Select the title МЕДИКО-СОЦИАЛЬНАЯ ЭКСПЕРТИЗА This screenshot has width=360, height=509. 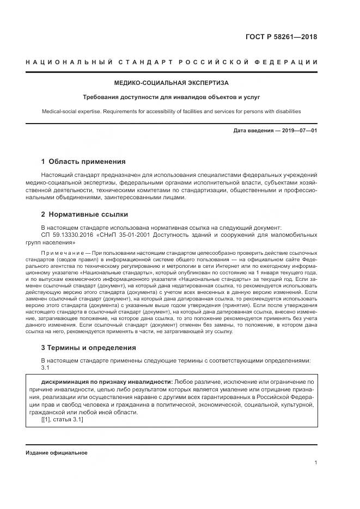pyautogui.click(x=171, y=83)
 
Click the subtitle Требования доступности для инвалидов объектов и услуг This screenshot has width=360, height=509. pyautogui.click(x=171, y=97)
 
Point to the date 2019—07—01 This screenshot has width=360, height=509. pyautogui.click(x=298, y=131)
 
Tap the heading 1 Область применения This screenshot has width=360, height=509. pyautogui.click(x=83, y=162)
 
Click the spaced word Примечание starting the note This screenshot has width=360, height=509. pyautogui.click(x=64, y=254)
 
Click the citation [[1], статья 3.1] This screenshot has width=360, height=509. pyautogui.click(x=62, y=420)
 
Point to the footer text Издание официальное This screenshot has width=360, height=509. pyautogui.click(x=56, y=453)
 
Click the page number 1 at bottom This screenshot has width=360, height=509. pyautogui.click(x=315, y=463)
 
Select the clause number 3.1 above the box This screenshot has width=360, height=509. pyautogui.click(x=46, y=367)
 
